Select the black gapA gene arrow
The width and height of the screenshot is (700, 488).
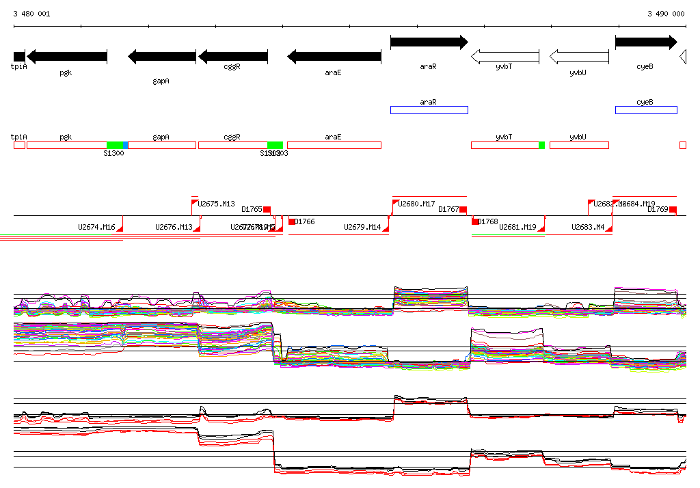(161, 57)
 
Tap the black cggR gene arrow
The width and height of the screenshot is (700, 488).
(232, 57)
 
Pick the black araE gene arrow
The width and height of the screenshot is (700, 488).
(334, 57)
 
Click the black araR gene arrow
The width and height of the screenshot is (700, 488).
(429, 42)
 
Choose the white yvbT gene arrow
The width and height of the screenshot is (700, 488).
(504, 57)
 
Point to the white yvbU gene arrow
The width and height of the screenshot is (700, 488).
(578, 57)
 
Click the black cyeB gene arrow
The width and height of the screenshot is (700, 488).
(645, 42)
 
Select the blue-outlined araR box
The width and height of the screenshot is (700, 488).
(429, 110)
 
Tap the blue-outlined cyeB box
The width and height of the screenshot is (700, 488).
(645, 110)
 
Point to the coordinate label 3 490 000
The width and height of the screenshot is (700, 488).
(666, 14)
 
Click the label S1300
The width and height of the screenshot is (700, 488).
(113, 153)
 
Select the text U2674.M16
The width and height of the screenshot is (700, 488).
(96, 227)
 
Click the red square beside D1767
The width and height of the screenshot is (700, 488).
(463, 209)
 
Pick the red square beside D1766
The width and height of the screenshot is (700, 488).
(292, 221)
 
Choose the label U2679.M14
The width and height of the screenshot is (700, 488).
(362, 227)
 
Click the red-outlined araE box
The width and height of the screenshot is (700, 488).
(334, 145)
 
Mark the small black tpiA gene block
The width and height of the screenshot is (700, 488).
(19, 57)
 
